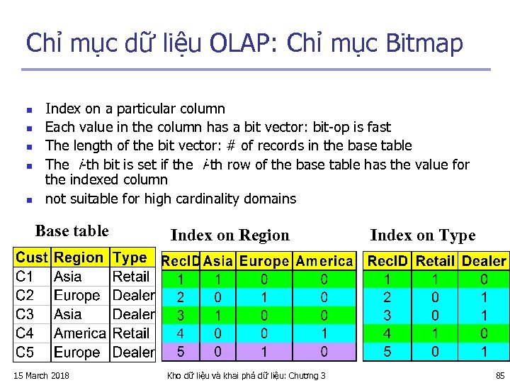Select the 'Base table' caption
(x=72, y=231)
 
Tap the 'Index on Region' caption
(x=230, y=235)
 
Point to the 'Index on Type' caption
(x=423, y=235)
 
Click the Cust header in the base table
(x=32, y=258)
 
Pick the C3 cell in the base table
(x=25, y=314)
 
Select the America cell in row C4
(x=80, y=333)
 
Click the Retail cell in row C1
(x=131, y=277)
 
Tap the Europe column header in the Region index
(x=264, y=261)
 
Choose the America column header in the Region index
(x=324, y=261)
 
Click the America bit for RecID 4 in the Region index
(x=324, y=332)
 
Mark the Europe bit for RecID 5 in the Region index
(x=264, y=351)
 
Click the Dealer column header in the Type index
(x=484, y=261)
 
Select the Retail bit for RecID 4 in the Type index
(x=435, y=332)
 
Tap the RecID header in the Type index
(x=387, y=261)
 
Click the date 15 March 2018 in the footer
(x=42, y=375)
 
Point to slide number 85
(x=500, y=375)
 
